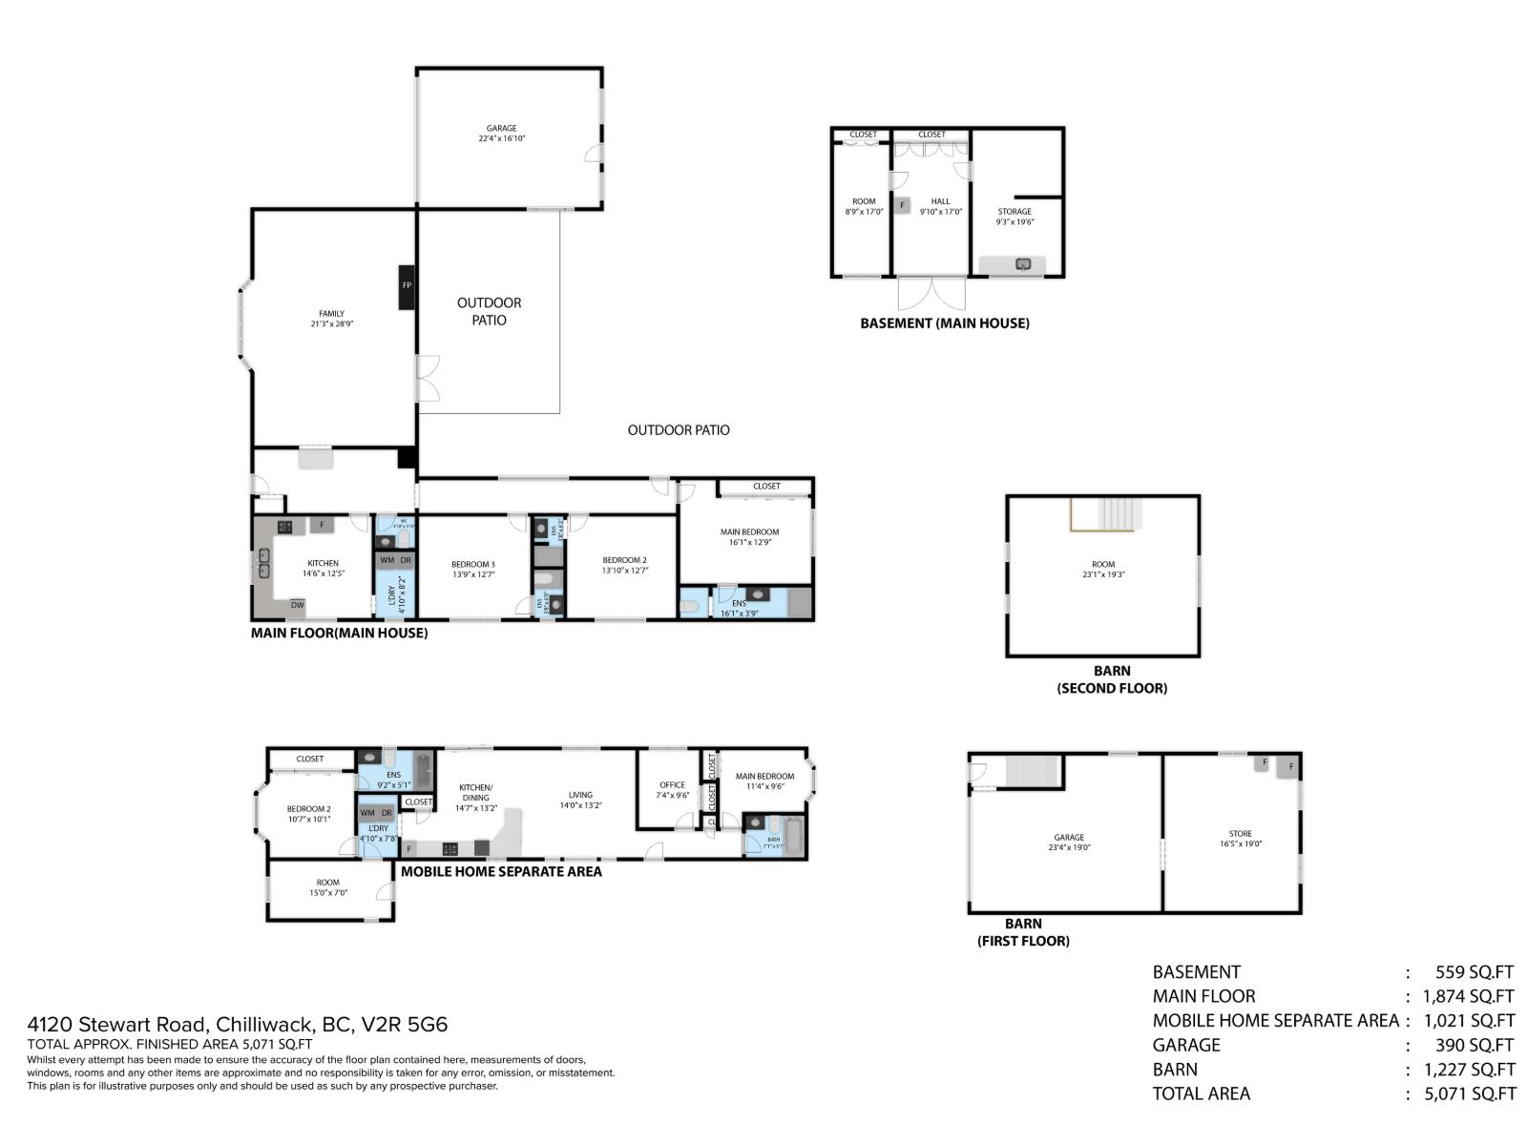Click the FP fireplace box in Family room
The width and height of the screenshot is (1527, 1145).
pyautogui.click(x=407, y=286)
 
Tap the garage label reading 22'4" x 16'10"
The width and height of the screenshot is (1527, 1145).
pyautogui.click(x=502, y=134)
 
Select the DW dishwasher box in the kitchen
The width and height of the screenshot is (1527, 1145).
pyautogui.click(x=298, y=605)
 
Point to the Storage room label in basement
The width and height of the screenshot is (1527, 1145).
pyautogui.click(x=1015, y=217)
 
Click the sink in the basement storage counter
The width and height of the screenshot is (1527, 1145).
pyautogui.click(x=1023, y=264)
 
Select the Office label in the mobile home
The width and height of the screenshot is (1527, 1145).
pyautogui.click(x=672, y=790)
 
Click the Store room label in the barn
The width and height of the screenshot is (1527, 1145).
pyautogui.click(x=1240, y=839)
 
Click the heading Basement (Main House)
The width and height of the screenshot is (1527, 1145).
pyautogui.click(x=944, y=323)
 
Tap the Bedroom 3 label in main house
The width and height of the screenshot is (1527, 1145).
pyautogui.click(x=473, y=570)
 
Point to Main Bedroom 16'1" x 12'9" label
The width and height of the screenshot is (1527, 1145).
pyautogui.click(x=749, y=537)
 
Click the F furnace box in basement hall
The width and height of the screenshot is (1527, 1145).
pyautogui.click(x=902, y=205)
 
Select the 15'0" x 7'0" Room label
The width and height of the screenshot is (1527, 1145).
pyautogui.click(x=327, y=888)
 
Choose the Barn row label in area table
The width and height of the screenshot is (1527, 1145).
pyautogui.click(x=1175, y=1070)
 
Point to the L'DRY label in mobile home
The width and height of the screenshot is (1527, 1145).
pyautogui.click(x=378, y=833)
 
